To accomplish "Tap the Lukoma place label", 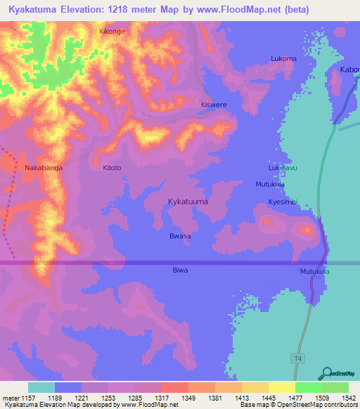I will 283,59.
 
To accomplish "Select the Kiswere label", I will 214,105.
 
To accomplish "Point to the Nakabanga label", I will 44,168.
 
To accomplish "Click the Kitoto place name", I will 112,168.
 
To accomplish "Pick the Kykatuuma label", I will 188,202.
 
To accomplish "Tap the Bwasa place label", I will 181,236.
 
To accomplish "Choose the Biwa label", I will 181,270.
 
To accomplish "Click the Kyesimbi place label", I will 283,202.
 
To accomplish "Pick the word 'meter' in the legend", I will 9,398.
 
